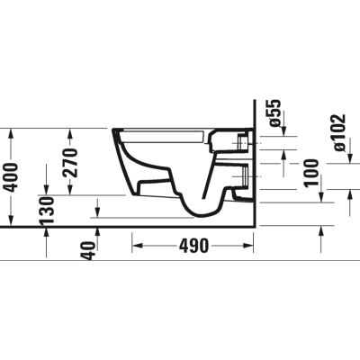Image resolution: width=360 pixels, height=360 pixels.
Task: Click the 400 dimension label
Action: (x=12, y=177)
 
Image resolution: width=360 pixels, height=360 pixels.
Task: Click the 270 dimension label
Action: (x=71, y=163)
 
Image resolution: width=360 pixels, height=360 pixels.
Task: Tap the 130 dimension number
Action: (x=47, y=210)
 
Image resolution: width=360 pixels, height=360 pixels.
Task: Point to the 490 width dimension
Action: (x=193, y=246)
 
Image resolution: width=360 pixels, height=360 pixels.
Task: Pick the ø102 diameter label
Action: (x=339, y=132)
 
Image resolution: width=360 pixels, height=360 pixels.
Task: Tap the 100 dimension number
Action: (x=311, y=173)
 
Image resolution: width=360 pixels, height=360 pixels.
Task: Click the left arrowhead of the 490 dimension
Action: (x=137, y=246)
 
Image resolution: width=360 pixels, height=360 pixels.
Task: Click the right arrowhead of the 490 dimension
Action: (x=248, y=246)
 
